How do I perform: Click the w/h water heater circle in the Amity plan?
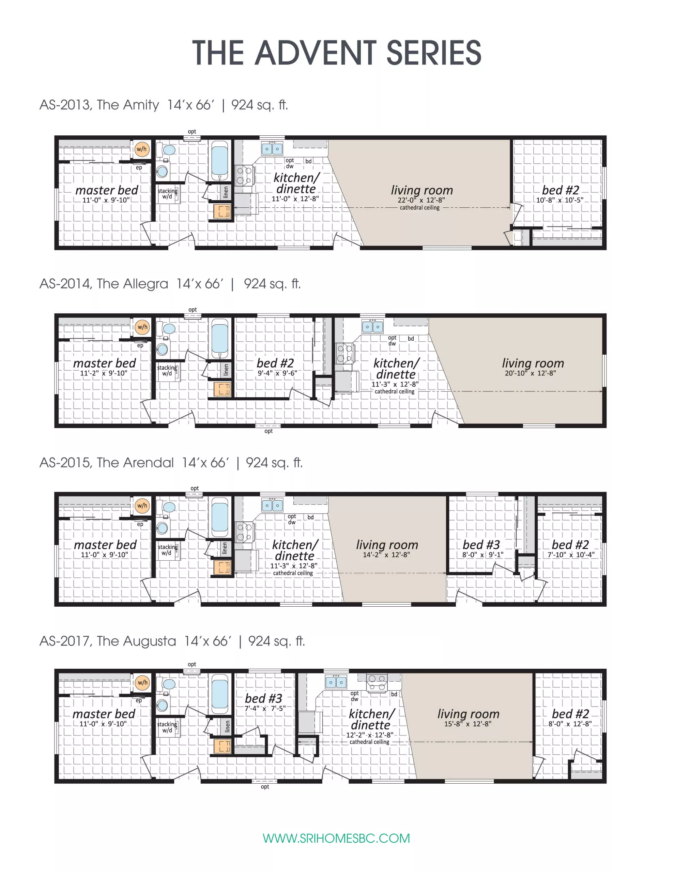(x=141, y=149)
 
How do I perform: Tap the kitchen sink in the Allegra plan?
(x=372, y=327)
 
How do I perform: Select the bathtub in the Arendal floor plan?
(x=219, y=517)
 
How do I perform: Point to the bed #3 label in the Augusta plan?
(x=263, y=698)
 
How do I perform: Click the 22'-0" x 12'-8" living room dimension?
(x=421, y=200)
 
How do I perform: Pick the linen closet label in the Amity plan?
(x=226, y=192)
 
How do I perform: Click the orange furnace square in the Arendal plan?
(x=222, y=567)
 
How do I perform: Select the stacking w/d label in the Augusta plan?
(x=167, y=727)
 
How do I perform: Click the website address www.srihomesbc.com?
(x=336, y=838)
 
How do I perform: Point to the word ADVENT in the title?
(x=315, y=53)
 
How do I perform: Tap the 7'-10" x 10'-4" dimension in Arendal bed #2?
(x=570, y=555)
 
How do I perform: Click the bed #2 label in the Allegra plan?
(x=275, y=363)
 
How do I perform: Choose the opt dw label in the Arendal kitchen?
(x=292, y=519)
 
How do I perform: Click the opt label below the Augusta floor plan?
(x=264, y=787)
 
